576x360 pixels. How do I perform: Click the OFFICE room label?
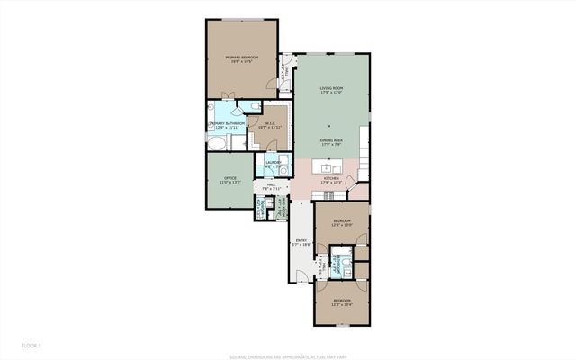[x=229, y=181]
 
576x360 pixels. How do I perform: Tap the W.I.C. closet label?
[x=270, y=125]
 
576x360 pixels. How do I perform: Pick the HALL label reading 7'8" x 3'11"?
[x=266, y=188]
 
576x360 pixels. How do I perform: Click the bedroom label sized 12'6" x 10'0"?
[x=341, y=222]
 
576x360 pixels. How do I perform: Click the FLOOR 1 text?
[x=32, y=345]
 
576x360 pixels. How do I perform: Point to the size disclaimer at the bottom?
[x=288, y=354]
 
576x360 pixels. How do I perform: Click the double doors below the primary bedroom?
[x=227, y=99]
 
